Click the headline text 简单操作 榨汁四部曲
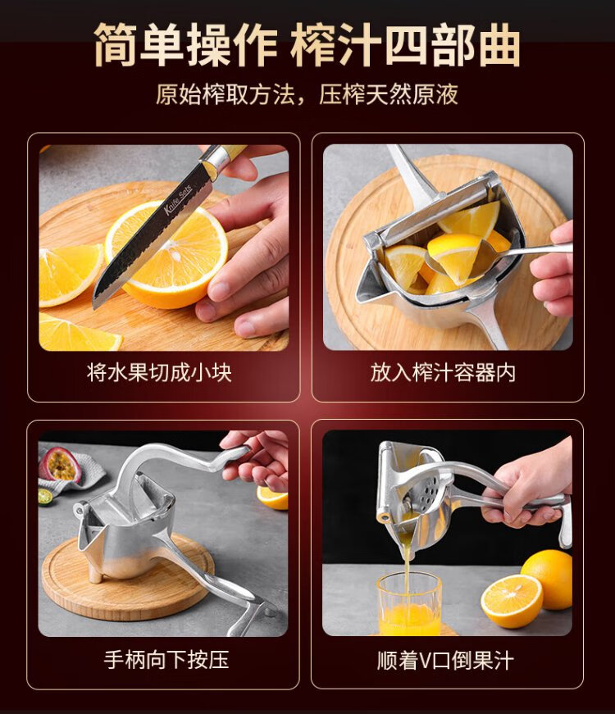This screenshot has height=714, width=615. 307,43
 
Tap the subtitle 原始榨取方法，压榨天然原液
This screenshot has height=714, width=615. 307,94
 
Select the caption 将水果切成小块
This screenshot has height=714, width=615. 159,372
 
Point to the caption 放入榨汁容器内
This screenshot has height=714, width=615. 443,372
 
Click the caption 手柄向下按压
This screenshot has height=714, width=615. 166,659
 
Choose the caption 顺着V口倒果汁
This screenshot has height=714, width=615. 445,660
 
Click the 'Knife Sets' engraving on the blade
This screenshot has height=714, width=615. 178,199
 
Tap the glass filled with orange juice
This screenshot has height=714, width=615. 409,603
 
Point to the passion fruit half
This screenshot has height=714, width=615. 61,465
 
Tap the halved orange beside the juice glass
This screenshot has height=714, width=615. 512,601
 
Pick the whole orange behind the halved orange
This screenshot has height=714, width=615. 549,577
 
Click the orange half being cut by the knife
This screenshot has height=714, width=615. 166,255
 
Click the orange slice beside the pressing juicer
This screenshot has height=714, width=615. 272,498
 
